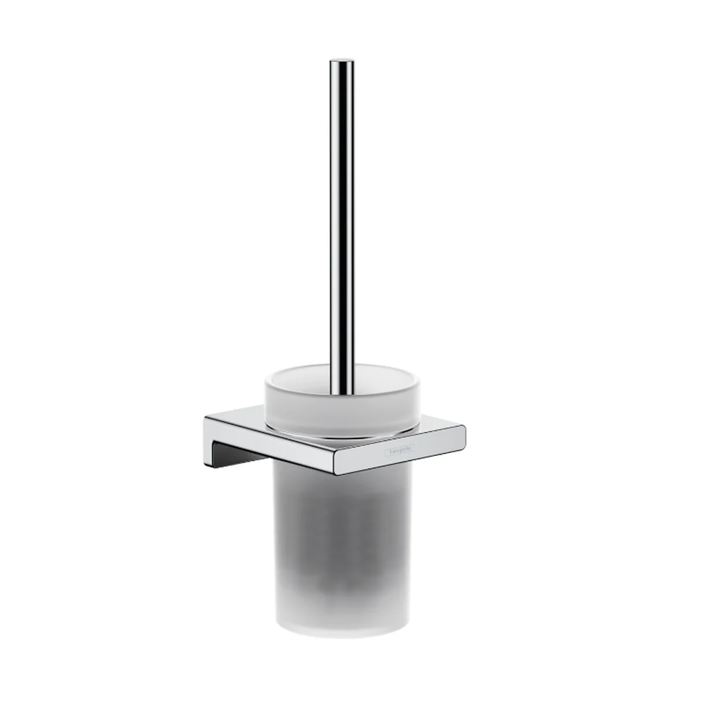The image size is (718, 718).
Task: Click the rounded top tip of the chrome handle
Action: [342, 62]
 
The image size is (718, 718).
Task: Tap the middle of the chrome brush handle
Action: [342, 223]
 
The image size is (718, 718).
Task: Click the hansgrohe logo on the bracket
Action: [400, 452]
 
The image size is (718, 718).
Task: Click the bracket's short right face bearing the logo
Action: [402, 452]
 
